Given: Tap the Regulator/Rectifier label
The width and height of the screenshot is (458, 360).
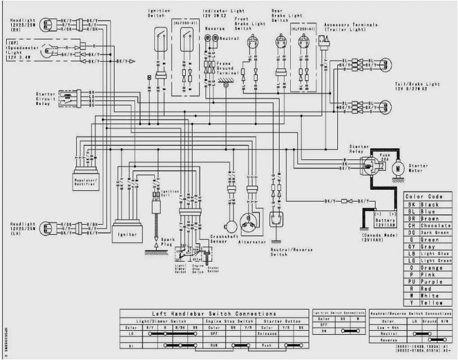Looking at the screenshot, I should tap(85, 183).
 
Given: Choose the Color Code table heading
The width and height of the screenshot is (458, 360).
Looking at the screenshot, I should tap(427, 197).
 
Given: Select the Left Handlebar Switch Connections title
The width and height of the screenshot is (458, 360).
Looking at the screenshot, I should tap(214, 314).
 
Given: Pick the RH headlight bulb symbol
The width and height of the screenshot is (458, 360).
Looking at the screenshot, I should tap(48, 24).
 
